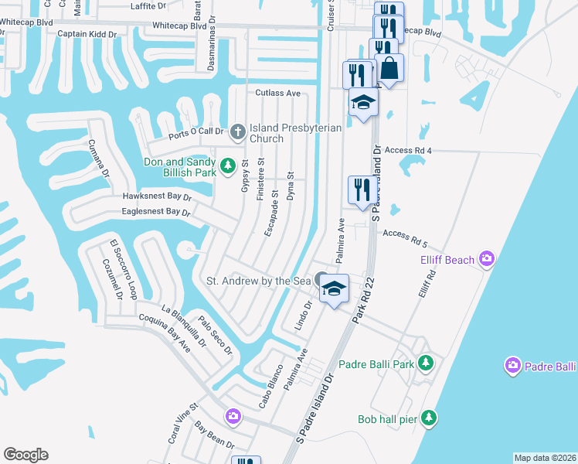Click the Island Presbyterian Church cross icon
(238, 132)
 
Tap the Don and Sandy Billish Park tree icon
(228, 165)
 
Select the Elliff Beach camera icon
(486, 258)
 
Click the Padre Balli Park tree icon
(424, 363)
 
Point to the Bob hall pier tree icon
(429, 418)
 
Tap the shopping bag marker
(390, 69)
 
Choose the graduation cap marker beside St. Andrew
(334, 288)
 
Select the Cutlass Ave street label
(278, 93)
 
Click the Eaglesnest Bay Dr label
(155, 211)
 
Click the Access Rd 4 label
(407, 150)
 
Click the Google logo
(25, 455)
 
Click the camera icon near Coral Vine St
(233, 417)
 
